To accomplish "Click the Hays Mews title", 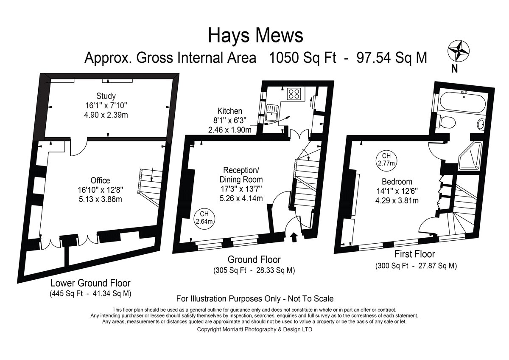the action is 255,36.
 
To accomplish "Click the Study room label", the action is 106,96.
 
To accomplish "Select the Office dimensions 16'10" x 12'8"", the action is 101,190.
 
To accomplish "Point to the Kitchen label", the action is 230,111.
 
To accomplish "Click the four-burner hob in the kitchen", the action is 294,94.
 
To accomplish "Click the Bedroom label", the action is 397,181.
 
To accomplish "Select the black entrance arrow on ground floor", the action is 294,237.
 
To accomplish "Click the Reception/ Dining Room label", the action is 241,175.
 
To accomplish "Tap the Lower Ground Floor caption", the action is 90,283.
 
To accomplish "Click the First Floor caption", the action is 415,254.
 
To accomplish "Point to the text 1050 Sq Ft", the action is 302,58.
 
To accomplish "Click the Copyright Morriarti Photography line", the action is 255,329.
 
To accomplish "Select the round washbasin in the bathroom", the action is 481,124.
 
